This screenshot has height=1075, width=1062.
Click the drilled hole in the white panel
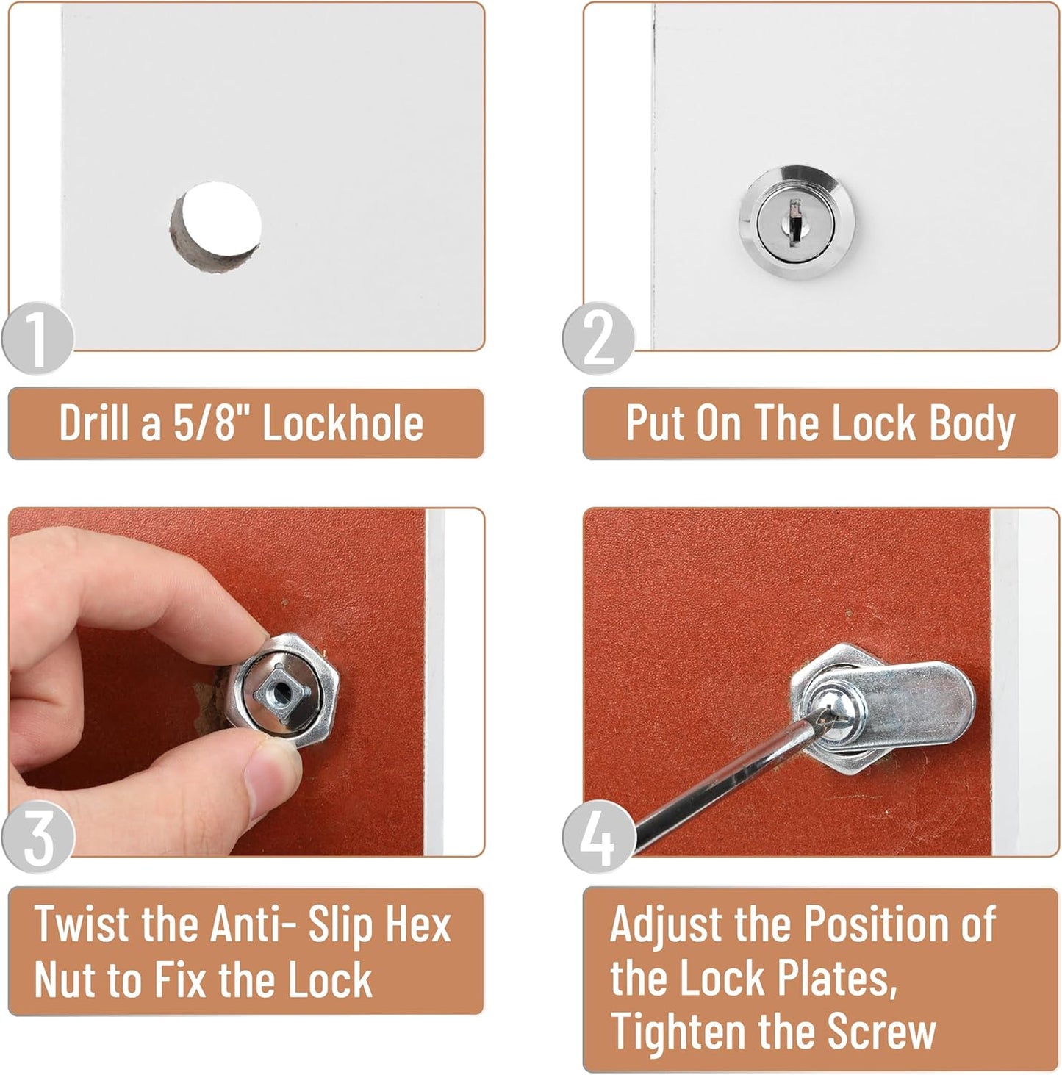tap(215, 226)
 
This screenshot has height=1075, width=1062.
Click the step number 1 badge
tap(37, 339)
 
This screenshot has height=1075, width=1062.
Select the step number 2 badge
tap(599, 339)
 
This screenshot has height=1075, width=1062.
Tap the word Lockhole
tap(342, 423)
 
